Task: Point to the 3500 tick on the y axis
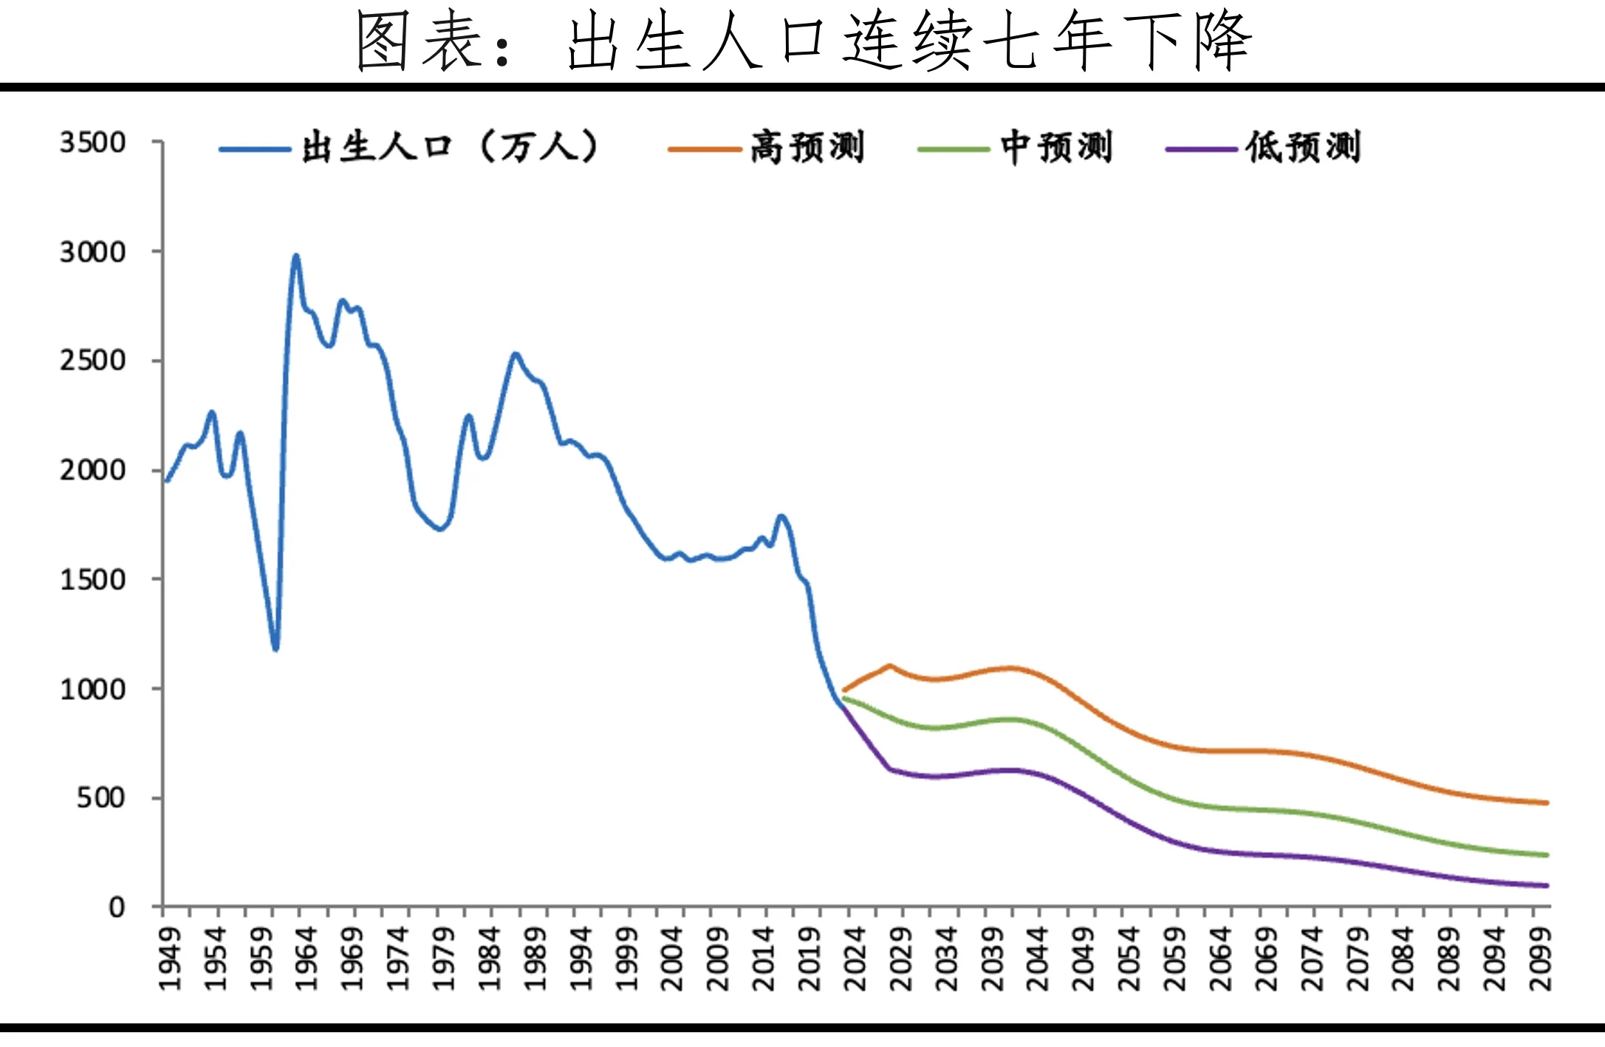(93, 143)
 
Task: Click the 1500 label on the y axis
(93, 580)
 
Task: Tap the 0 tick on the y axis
(117, 907)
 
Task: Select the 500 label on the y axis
(101, 798)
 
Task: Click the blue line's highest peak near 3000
(296, 256)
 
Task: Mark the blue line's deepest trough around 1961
(276, 649)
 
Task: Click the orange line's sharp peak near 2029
(889, 665)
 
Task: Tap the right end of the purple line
(1547, 885)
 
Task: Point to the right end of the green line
(1547, 855)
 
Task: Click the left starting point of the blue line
(167, 481)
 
